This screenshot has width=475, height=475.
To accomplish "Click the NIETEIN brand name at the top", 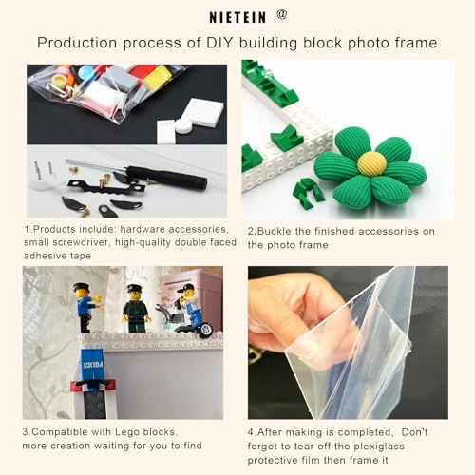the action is (237, 17).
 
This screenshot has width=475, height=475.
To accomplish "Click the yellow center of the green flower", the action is (371, 163).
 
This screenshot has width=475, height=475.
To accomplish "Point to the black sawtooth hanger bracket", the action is (106, 187).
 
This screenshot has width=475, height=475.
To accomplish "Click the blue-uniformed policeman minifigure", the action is (86, 308).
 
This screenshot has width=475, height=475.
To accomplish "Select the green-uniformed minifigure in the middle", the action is (136, 309).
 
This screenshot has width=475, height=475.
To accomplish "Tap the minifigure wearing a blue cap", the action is (189, 304).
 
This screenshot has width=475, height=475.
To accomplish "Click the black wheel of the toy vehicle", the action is (206, 330).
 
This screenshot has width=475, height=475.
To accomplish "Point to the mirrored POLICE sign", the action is (92, 365).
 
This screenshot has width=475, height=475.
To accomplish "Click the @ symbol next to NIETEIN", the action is (282, 14).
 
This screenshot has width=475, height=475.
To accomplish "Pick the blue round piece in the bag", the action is (85, 72).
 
